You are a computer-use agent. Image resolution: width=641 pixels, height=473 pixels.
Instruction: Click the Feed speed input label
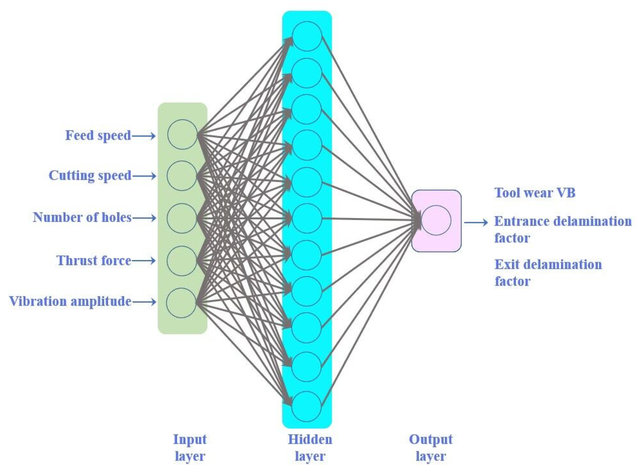point(98,136)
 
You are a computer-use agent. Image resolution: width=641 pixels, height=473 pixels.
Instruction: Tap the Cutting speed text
point(90,176)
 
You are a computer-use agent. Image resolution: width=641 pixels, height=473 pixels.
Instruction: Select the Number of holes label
point(82,218)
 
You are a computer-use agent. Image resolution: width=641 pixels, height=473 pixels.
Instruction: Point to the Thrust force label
point(94,261)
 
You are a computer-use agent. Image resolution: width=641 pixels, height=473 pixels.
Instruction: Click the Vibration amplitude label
point(70,302)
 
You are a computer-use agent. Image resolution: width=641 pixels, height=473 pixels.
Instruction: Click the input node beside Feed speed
point(182,134)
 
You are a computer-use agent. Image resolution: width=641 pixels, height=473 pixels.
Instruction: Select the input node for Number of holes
point(182,218)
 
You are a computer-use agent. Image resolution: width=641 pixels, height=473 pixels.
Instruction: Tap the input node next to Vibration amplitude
point(181,303)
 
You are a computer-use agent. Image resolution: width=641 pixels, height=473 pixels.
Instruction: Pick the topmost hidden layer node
point(307,36)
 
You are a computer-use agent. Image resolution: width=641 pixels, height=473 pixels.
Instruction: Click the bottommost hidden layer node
point(307,406)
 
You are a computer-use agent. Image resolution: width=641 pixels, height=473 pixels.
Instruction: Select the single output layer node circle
point(436,220)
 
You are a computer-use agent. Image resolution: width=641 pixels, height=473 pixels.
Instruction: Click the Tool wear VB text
point(535,193)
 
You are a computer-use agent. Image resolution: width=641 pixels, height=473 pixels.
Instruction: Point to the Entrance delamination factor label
point(562,229)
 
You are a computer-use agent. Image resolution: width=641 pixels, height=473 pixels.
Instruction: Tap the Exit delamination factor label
point(548,272)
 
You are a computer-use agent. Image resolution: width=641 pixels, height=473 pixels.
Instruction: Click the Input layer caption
point(190,447)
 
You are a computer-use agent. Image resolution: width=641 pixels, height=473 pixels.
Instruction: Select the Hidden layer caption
point(310,447)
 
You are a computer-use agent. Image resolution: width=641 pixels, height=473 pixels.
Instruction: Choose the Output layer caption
point(431,447)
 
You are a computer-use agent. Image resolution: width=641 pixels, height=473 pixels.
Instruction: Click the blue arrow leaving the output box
point(476,222)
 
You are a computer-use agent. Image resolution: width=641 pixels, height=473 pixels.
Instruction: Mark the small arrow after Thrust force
point(144,260)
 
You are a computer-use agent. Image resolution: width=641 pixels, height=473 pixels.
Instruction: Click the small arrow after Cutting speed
point(144,176)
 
